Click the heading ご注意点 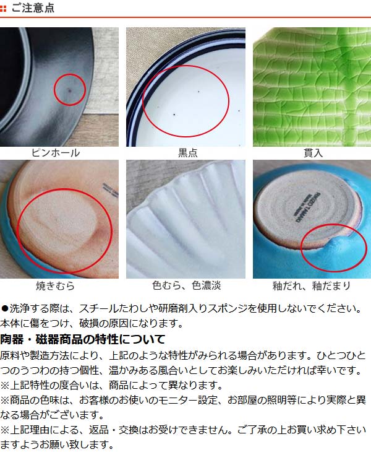(33, 8)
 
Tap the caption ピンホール (56, 153)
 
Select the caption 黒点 (187, 153)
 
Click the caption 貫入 (313, 153)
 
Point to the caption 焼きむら (55, 285)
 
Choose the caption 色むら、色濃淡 (187, 285)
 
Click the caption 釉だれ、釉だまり (312, 285)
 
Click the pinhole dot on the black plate (69, 90)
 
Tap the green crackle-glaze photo (312, 87)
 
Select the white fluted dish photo (185, 219)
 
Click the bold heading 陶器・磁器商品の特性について (83, 339)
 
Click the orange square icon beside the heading (3, 9)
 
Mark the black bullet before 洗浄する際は (4, 309)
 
